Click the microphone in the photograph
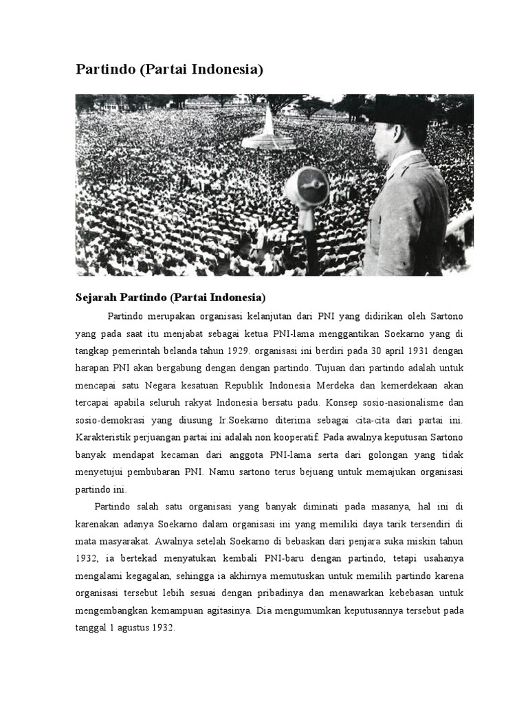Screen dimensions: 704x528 pos(307,187)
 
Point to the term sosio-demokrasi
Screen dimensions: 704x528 pos(109,419)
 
